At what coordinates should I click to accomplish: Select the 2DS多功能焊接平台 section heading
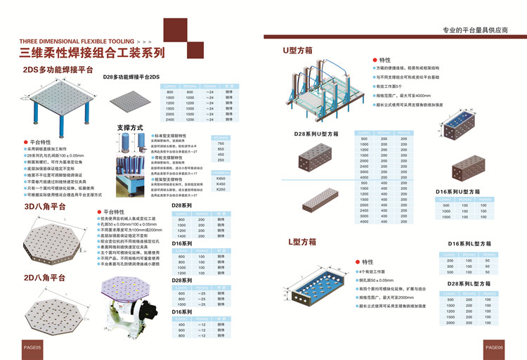[x=59, y=70]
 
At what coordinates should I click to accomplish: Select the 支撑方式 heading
[x=129, y=127]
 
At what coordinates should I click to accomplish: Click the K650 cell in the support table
[x=221, y=178]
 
